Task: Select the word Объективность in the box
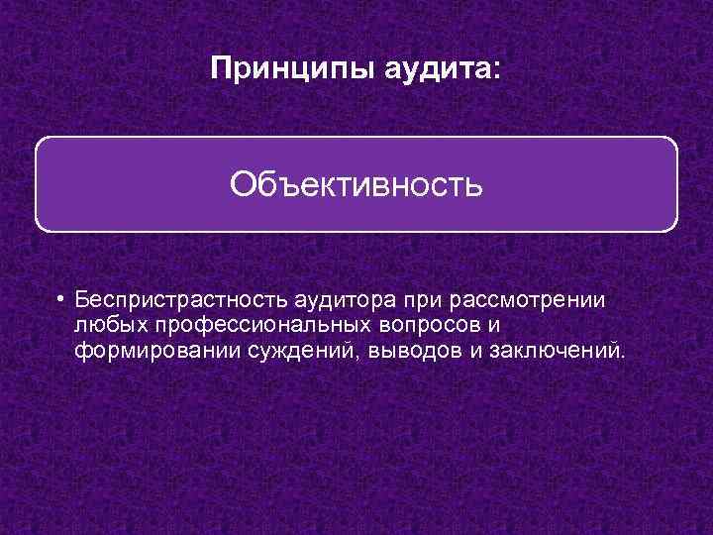click(356, 184)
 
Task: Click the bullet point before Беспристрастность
click(60, 298)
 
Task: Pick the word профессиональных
click(259, 325)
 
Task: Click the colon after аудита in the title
click(497, 71)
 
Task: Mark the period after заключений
click(624, 358)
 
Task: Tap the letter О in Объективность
click(243, 184)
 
